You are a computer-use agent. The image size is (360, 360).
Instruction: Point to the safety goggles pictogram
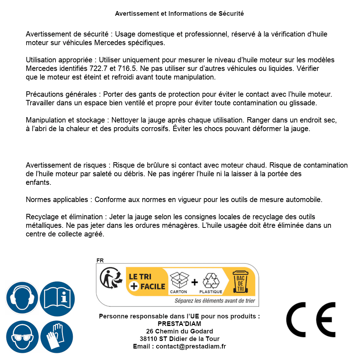pyautogui.click(x=22, y=337)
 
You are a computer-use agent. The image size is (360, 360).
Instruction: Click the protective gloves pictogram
pyautogui.click(x=57, y=337)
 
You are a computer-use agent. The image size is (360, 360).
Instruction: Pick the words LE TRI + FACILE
pyautogui.click(x=147, y=282)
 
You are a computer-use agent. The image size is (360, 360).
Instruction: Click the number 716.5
pyautogui.click(x=117, y=68)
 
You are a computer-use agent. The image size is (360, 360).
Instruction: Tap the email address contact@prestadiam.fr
pyautogui.click(x=191, y=346)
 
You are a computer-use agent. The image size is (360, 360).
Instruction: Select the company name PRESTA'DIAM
pyautogui.click(x=179, y=324)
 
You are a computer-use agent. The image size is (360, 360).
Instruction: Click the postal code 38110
pyautogui.click(x=148, y=339)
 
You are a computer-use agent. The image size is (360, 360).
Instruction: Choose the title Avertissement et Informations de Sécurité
pyautogui.click(x=179, y=14)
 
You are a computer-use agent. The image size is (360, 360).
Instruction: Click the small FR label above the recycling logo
pyautogui.click(x=100, y=260)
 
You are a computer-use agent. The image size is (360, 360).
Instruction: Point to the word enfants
pyautogui.click(x=38, y=182)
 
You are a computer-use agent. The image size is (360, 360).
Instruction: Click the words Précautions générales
pyautogui.click(x=61, y=95)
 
